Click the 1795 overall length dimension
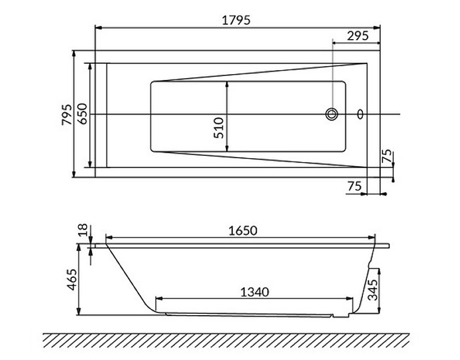(236, 20)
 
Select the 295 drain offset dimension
(358, 36)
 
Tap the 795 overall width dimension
(67, 114)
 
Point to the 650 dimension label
(82, 113)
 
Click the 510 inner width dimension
(219, 128)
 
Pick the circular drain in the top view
(332, 114)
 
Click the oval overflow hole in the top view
(360, 114)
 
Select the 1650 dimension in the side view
(243, 230)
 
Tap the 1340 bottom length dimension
(254, 292)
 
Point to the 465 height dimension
(72, 279)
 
